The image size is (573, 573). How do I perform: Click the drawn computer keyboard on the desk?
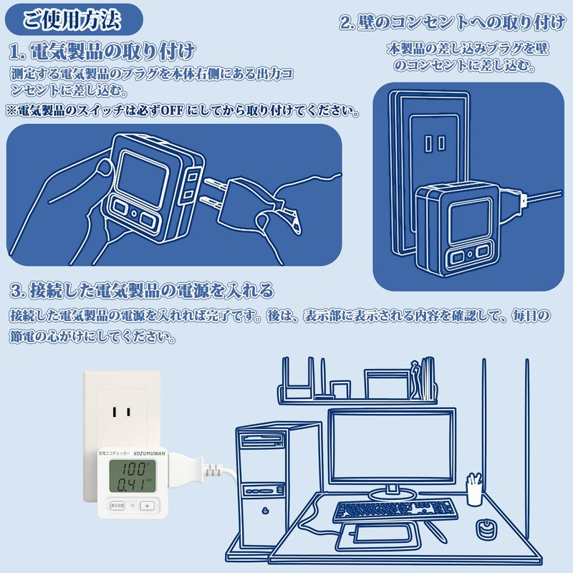tap(394, 509)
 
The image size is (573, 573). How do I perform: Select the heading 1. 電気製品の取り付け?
tap(102, 51)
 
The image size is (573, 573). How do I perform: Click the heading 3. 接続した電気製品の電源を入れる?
tap(142, 290)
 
